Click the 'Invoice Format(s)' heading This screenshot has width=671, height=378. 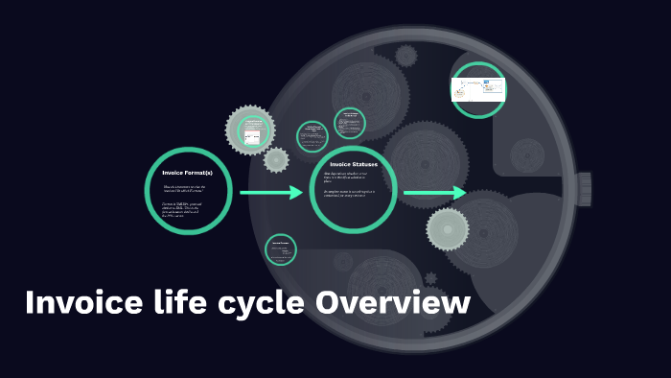(x=187, y=173)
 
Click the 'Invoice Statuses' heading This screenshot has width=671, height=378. (x=354, y=165)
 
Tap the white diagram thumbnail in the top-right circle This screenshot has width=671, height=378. (x=478, y=89)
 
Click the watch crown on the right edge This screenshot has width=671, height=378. (x=584, y=189)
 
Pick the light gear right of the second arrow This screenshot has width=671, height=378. (x=448, y=229)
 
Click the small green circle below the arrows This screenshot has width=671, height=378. (x=281, y=249)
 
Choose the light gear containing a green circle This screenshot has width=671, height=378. (x=251, y=131)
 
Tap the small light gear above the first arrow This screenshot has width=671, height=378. (x=276, y=160)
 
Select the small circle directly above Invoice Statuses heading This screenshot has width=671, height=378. (x=350, y=123)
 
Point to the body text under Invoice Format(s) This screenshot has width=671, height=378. (x=185, y=201)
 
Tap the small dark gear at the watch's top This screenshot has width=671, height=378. (x=406, y=56)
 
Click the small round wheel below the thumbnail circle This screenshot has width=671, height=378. (x=527, y=154)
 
